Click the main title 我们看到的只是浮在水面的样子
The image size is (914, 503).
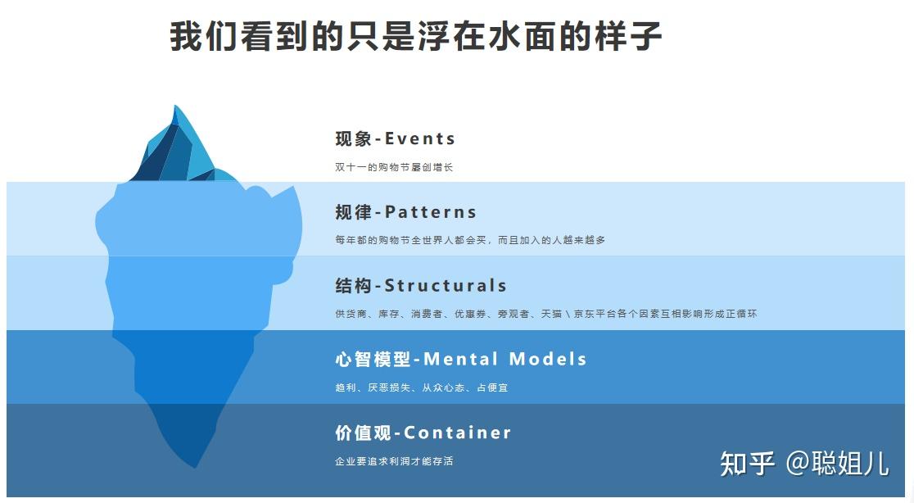click(x=415, y=37)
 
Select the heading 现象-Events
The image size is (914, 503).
click(x=395, y=138)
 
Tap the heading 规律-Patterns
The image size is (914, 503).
click(x=405, y=212)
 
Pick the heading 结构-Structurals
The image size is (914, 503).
click(x=421, y=286)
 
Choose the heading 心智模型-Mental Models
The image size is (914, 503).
click(x=460, y=359)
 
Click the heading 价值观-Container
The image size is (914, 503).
click(x=423, y=433)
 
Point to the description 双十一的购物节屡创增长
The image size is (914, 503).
click(x=393, y=167)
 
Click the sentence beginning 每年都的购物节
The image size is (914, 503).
click(x=469, y=240)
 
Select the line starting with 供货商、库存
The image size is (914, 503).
click(x=545, y=314)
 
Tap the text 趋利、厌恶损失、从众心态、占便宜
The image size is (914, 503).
click(x=421, y=387)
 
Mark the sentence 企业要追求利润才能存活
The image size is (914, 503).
click(x=393, y=461)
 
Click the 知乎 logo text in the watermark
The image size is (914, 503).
click(x=747, y=463)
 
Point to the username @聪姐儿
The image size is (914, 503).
click(x=837, y=463)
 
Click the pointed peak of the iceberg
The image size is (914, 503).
click(x=174, y=107)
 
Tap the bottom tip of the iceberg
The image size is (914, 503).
click(x=195, y=466)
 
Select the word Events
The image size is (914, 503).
click(x=420, y=138)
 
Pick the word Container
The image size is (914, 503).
click(x=457, y=433)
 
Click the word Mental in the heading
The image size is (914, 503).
click(x=460, y=359)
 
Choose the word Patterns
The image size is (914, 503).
click(x=431, y=212)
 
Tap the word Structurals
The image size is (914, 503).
click(x=446, y=286)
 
